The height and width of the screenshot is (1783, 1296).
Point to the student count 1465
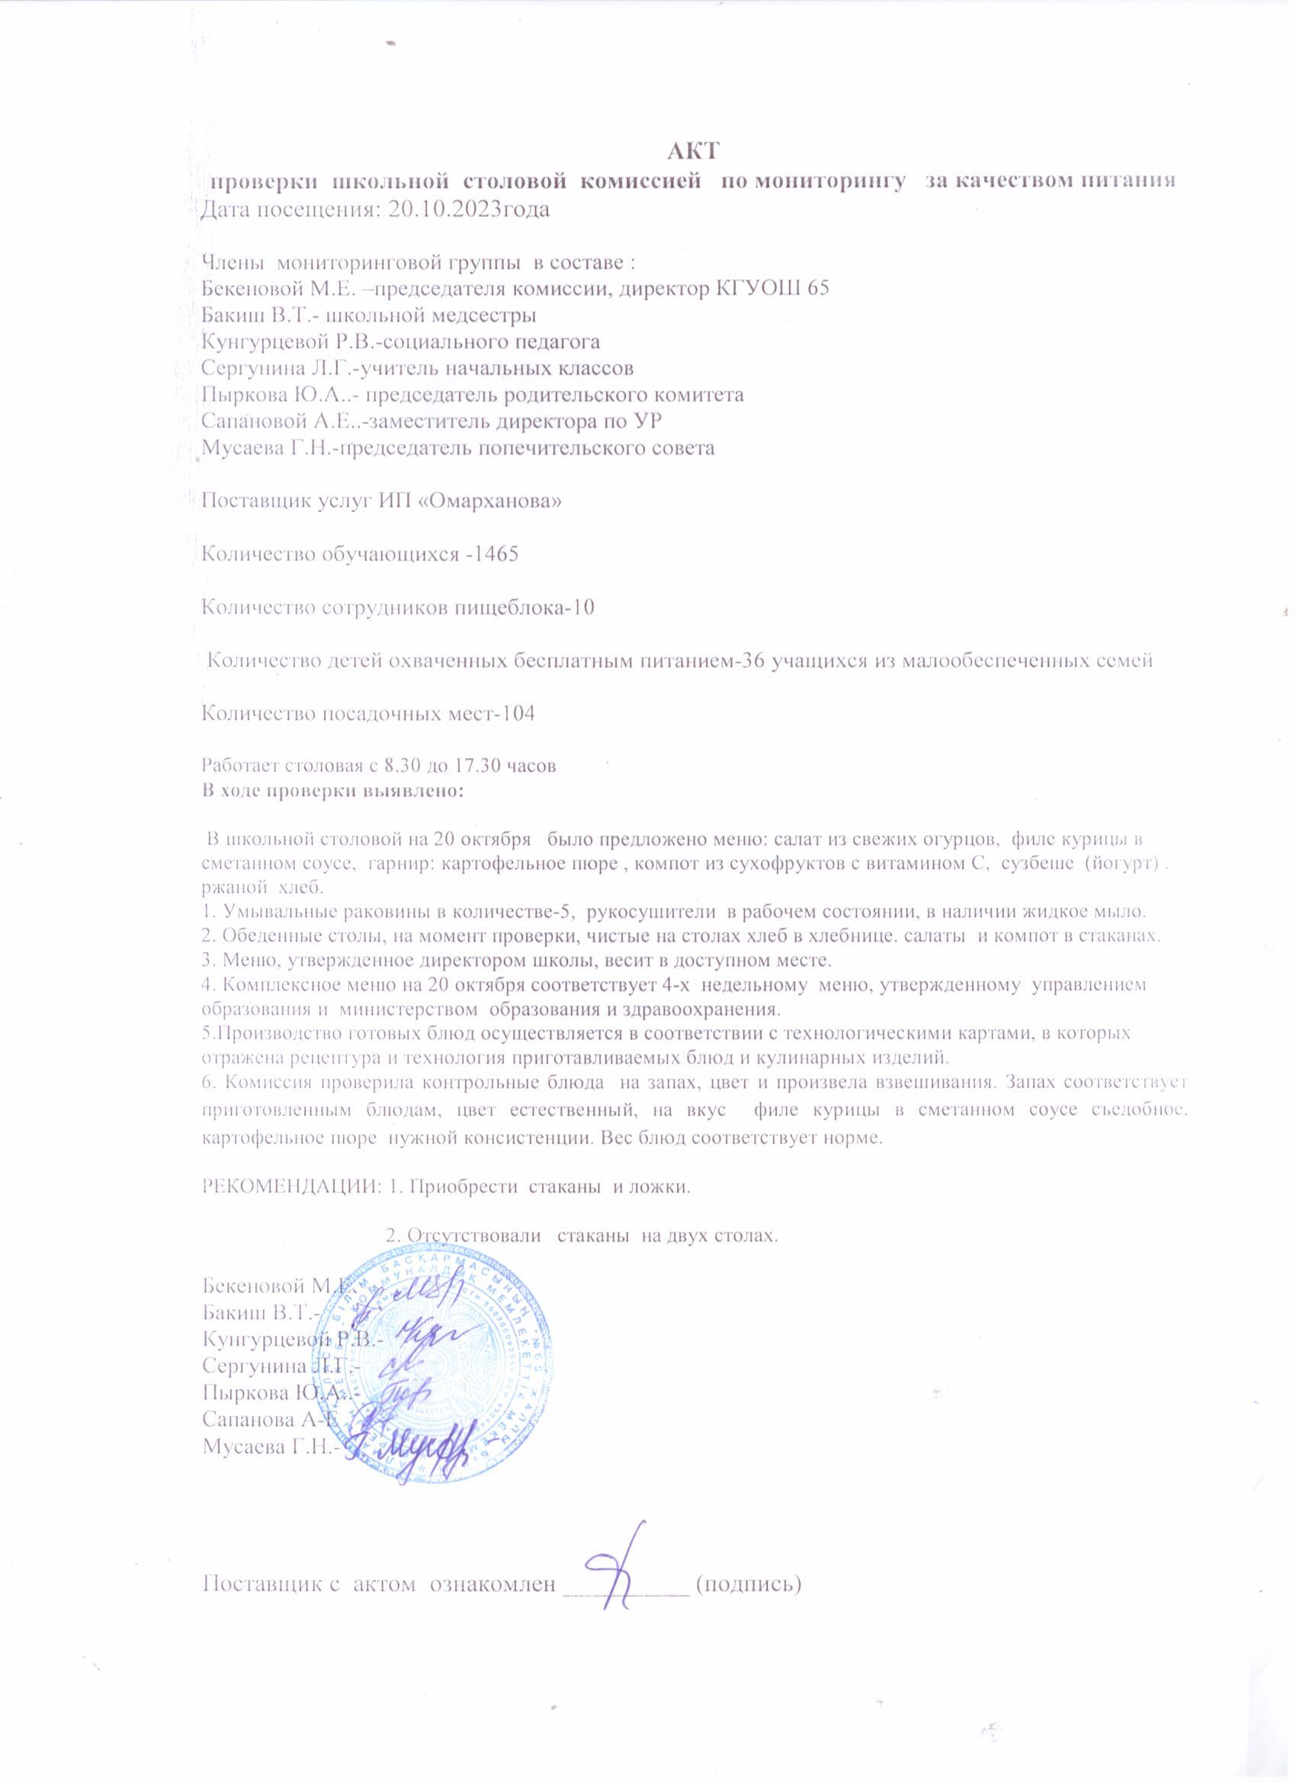[x=492, y=554]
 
